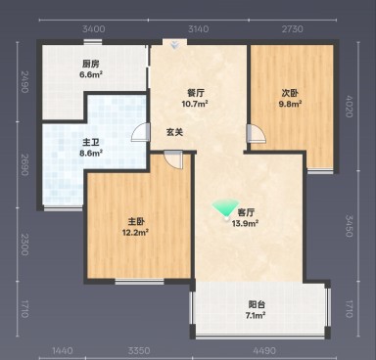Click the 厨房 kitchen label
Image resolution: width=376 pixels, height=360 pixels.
point(90,64)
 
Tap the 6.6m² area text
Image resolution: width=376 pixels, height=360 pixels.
point(90,74)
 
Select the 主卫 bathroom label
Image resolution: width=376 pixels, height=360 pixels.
point(62,143)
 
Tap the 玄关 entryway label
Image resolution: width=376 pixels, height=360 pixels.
point(174,132)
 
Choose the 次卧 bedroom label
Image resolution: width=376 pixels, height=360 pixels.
point(291,93)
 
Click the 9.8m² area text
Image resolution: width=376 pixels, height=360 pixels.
point(291,104)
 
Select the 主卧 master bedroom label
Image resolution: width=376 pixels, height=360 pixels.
point(135,221)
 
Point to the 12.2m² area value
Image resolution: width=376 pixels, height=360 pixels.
point(135,232)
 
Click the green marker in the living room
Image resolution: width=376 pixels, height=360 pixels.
point(225,208)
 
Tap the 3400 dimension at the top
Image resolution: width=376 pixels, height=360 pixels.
point(93,30)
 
